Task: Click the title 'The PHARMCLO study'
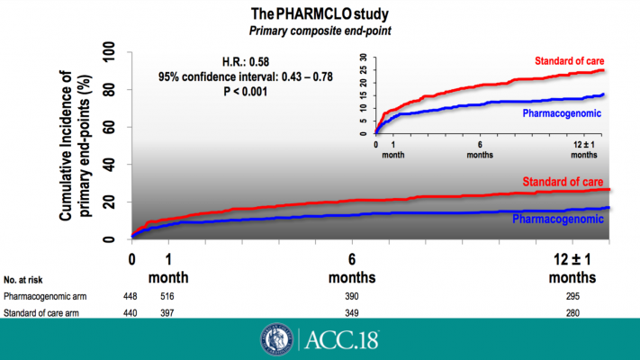pyautogui.click(x=320, y=13)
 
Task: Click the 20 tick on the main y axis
pyautogui.click(x=113, y=202)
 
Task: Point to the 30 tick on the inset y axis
pyautogui.click(x=363, y=57)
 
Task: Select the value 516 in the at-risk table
pyautogui.click(x=165, y=296)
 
